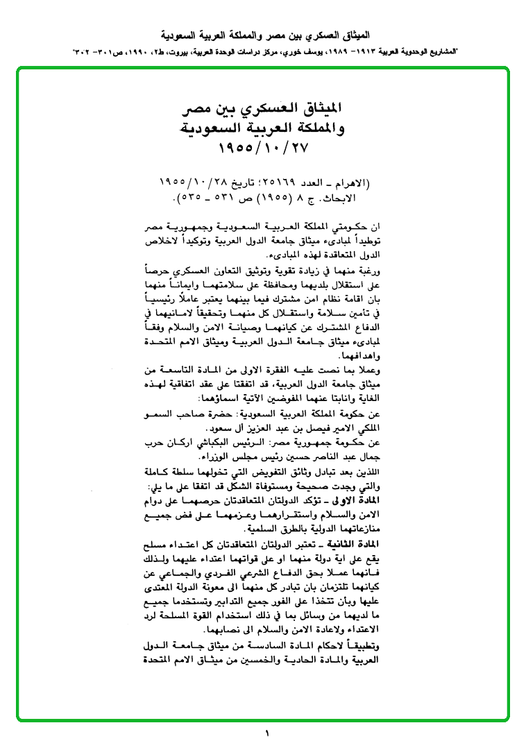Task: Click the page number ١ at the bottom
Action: [x=266, y=733]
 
